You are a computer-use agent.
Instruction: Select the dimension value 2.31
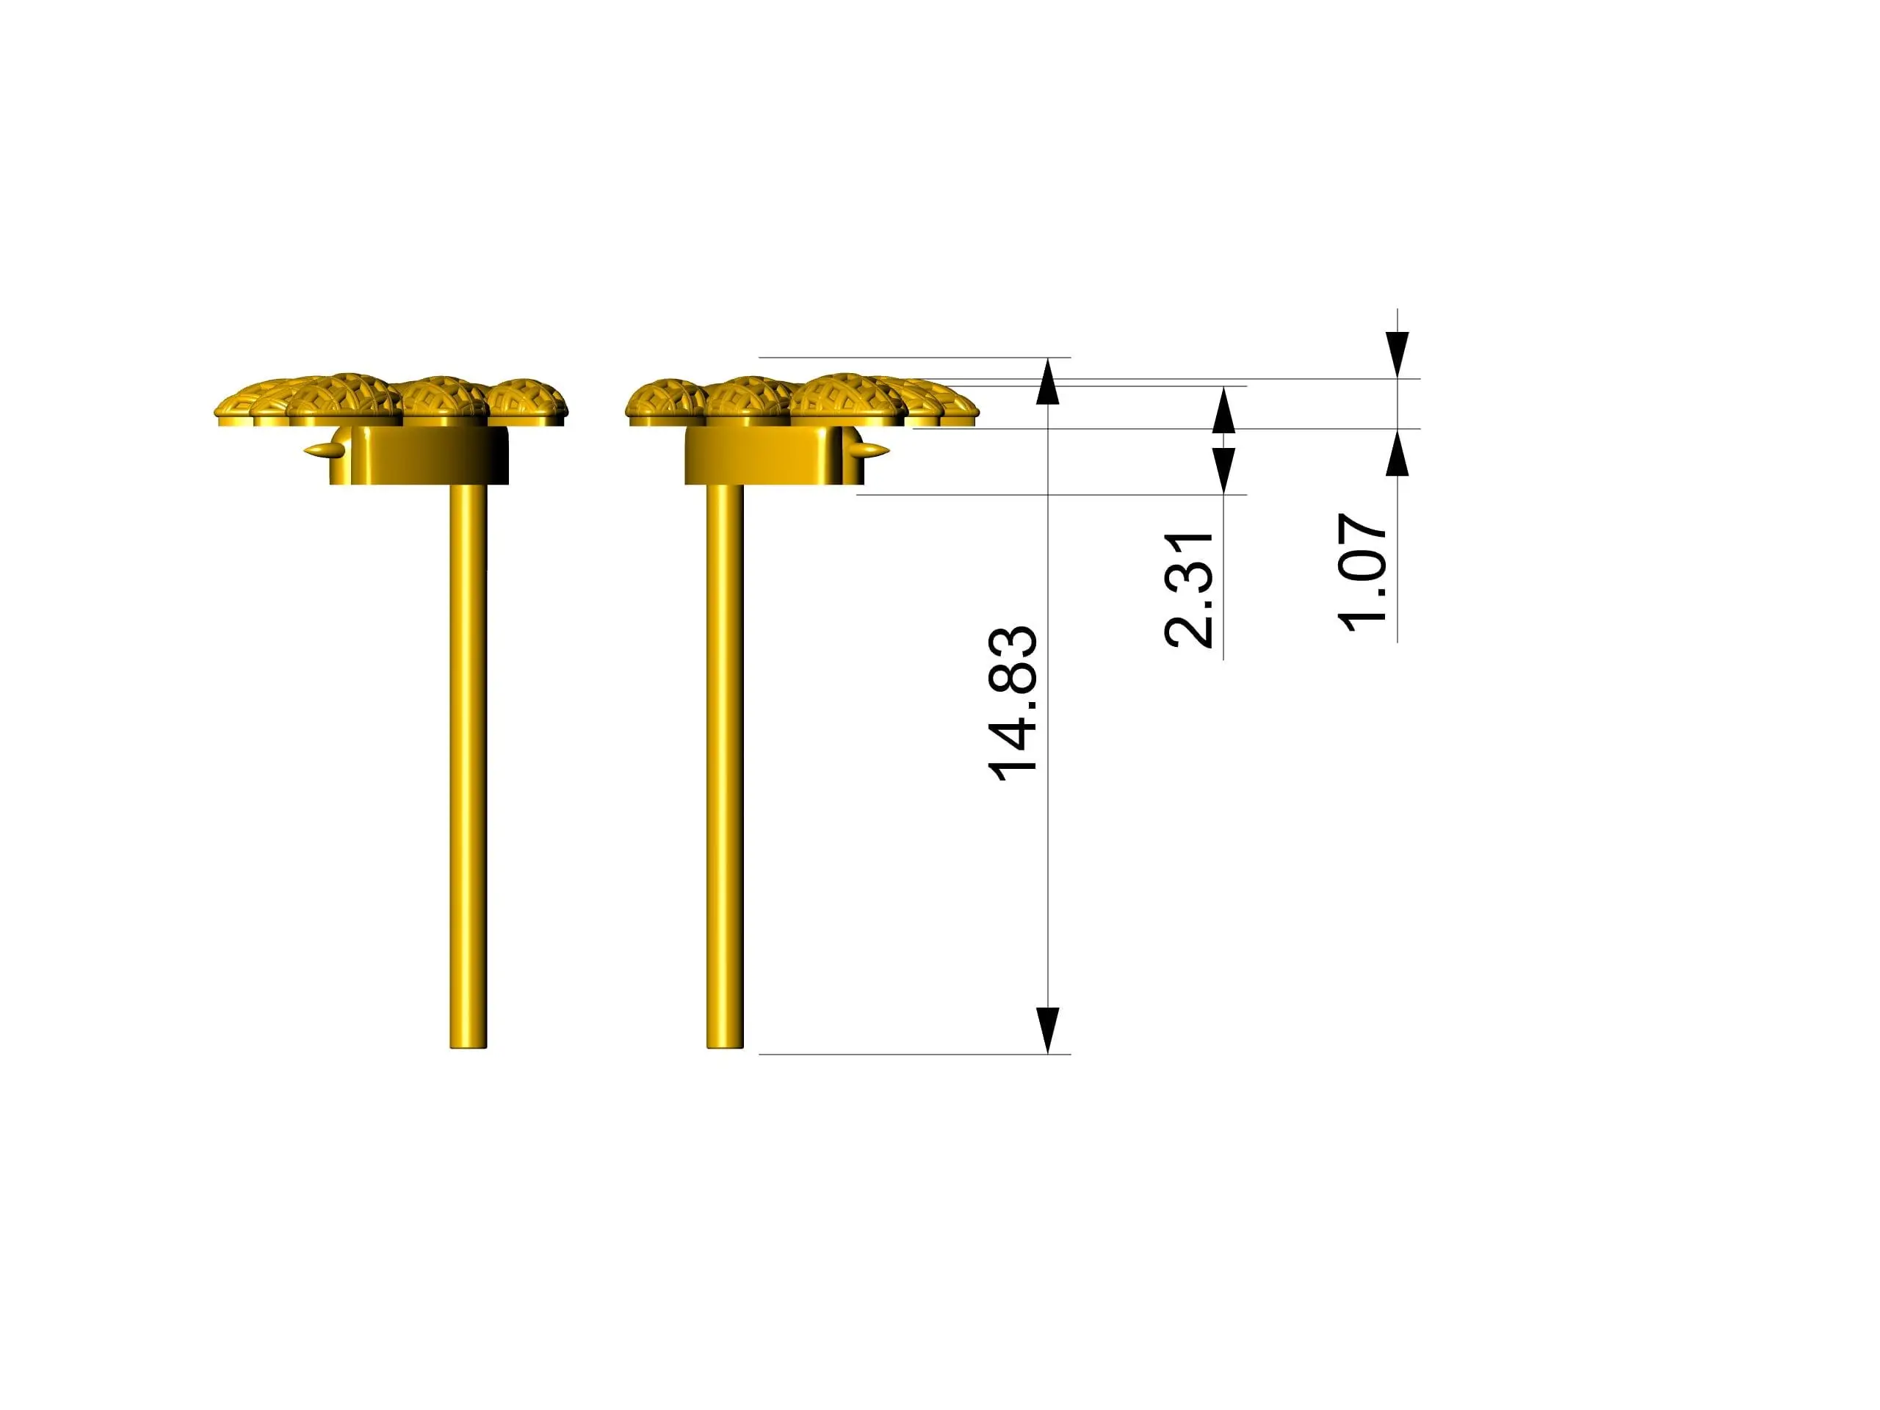[1188, 590]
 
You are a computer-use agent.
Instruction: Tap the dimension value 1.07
[1363, 572]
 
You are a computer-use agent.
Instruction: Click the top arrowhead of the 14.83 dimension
[1048, 380]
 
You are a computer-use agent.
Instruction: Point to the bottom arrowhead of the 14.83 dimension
[1048, 1030]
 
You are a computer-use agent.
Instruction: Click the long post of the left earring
[469, 765]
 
